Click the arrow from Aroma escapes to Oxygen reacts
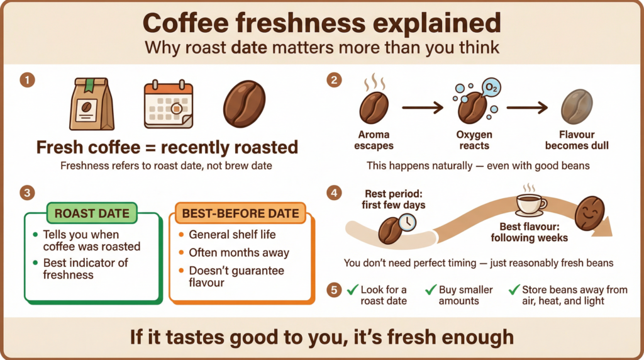click(x=423, y=109)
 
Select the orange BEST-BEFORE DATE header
click(x=240, y=213)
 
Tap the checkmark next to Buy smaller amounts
click(x=431, y=290)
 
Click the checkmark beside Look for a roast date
click(x=351, y=290)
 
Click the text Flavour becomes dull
click(x=576, y=140)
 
